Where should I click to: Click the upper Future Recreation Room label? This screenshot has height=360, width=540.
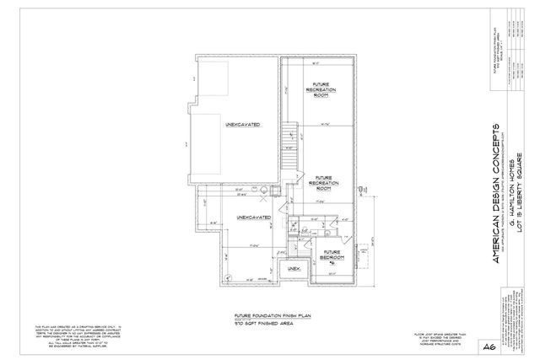320,90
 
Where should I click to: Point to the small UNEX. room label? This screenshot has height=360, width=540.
294,268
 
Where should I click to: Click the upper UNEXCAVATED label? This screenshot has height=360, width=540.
241,125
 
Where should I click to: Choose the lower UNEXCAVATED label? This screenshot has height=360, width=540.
252,217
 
